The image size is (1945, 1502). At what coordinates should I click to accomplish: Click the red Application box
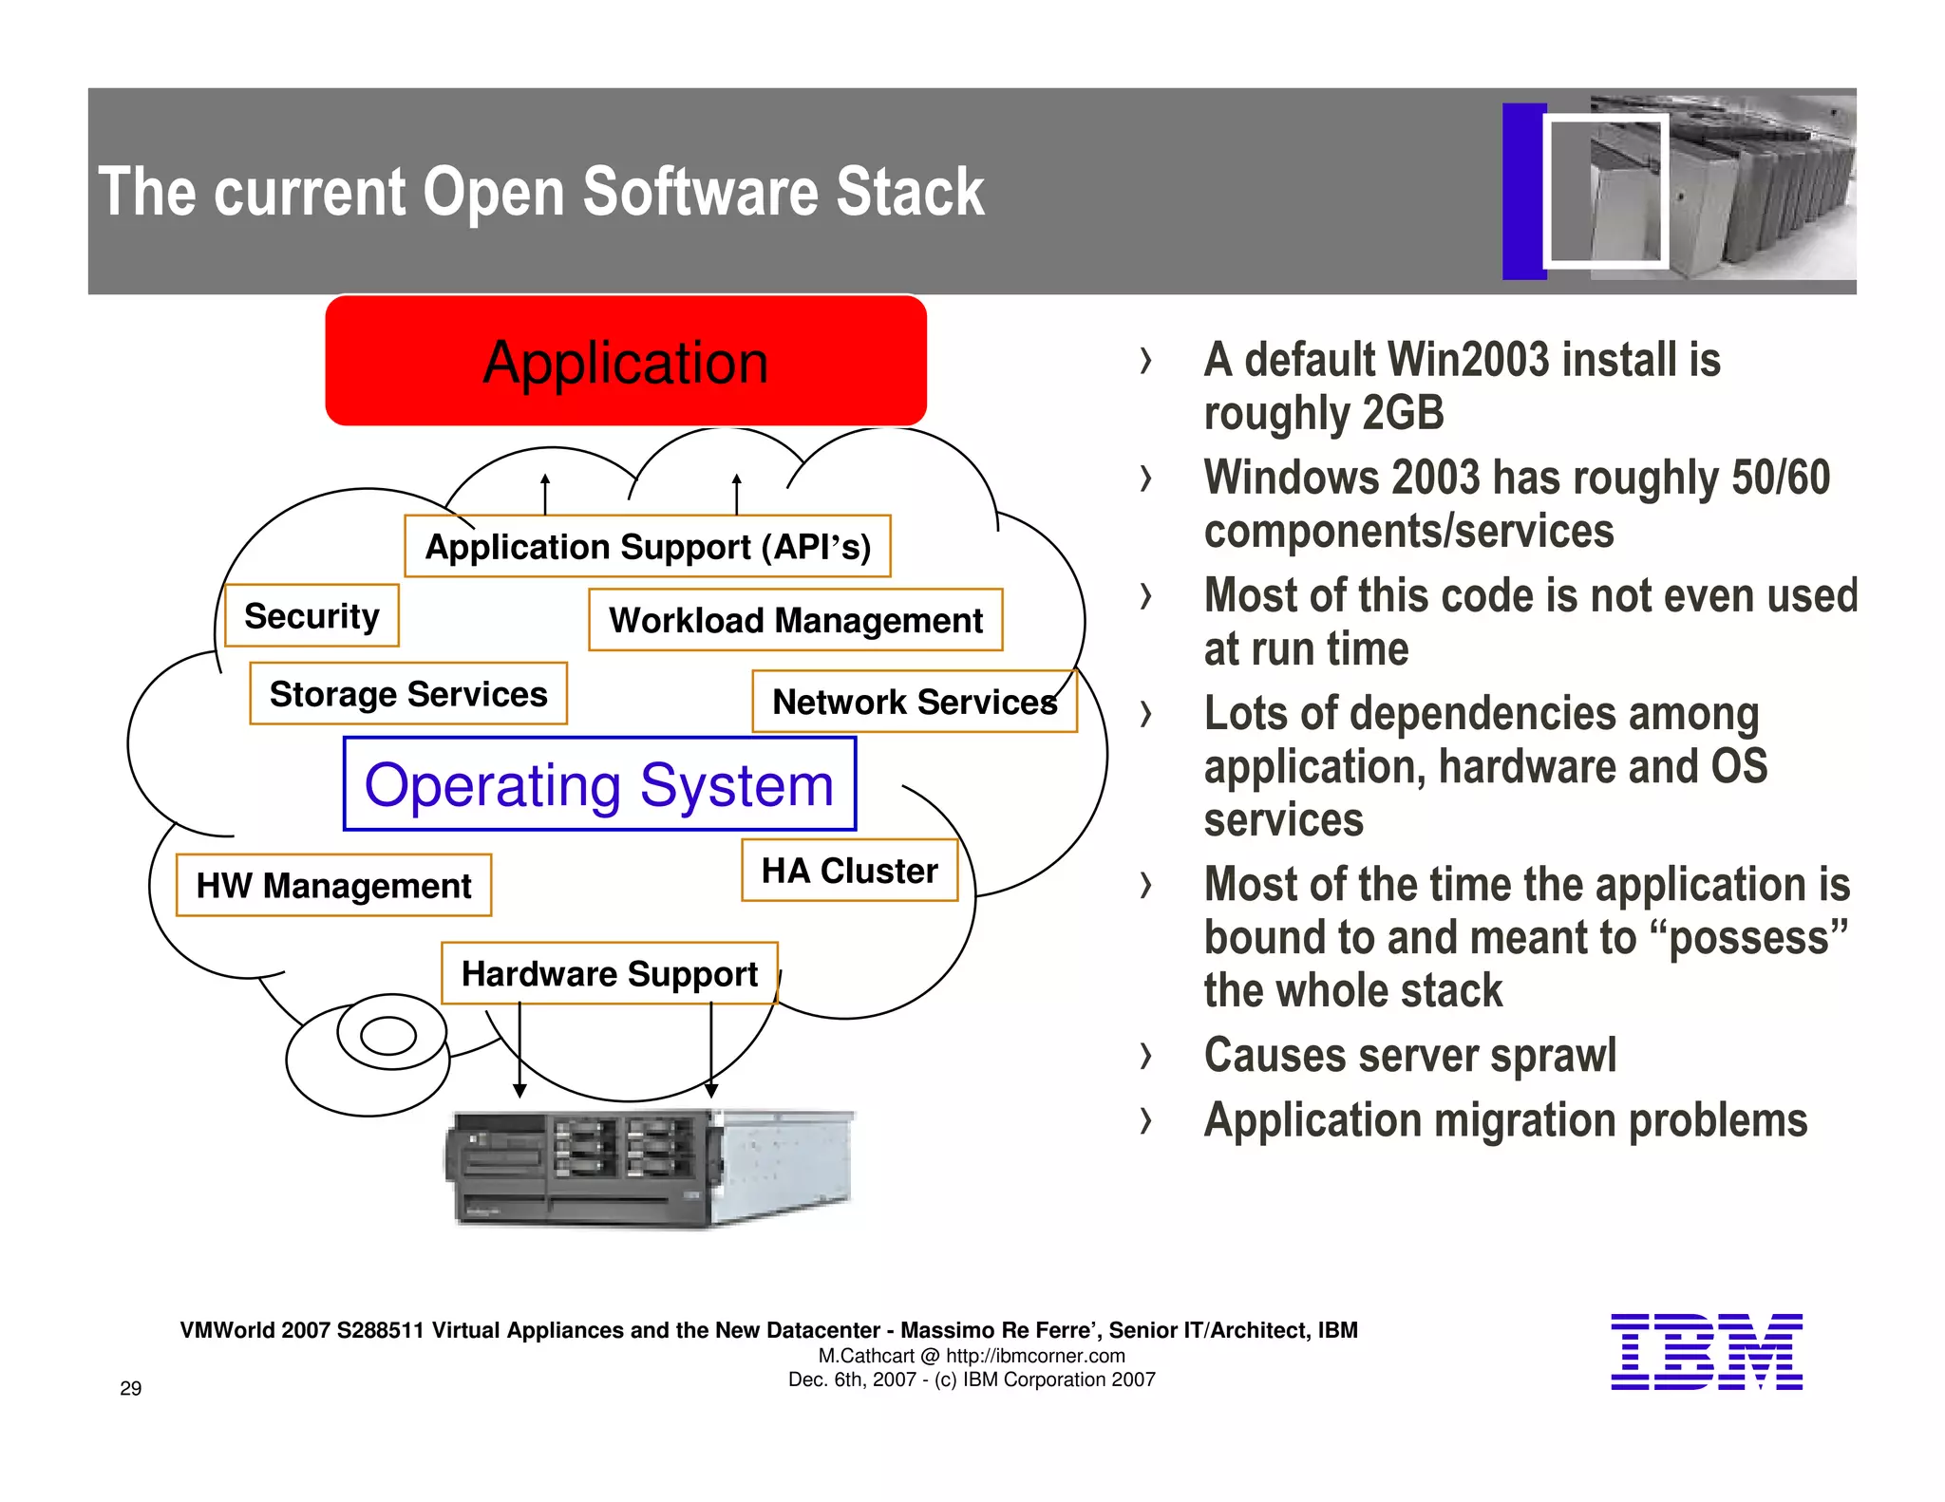(x=625, y=361)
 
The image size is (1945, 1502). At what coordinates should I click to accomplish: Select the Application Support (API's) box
(x=647, y=547)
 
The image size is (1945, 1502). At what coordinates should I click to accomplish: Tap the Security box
(x=312, y=616)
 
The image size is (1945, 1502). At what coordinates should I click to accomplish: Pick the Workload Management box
(x=795, y=620)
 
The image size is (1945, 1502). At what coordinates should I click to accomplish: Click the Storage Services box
(x=408, y=694)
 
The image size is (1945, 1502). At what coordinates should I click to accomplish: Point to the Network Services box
(x=914, y=702)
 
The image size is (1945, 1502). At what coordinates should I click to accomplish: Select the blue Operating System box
(x=599, y=784)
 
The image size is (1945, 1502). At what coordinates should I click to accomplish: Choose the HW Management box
(x=333, y=885)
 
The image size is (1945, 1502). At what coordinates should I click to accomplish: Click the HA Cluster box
(x=849, y=871)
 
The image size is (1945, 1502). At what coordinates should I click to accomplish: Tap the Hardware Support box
(x=609, y=973)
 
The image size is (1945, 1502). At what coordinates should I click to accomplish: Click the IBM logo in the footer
(x=1706, y=1352)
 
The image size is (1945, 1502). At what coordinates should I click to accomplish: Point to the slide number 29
(x=131, y=1388)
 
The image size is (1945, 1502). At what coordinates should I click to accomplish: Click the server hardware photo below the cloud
(x=651, y=1169)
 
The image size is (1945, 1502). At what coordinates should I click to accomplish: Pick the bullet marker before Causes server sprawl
(x=1146, y=1056)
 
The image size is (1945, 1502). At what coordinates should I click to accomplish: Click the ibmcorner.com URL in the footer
(x=1035, y=1356)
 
